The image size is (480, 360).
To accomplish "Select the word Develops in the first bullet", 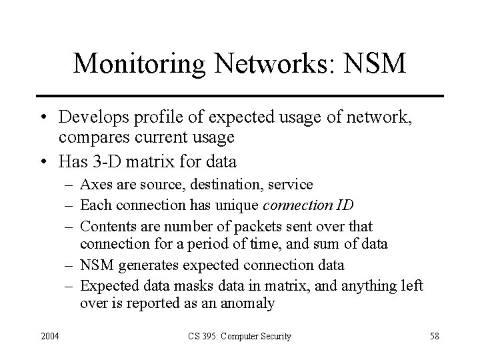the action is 91,117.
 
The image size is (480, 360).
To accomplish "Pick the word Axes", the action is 94,183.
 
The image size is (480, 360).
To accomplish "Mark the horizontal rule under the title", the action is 240,96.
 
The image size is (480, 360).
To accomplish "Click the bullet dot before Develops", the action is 42,117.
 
